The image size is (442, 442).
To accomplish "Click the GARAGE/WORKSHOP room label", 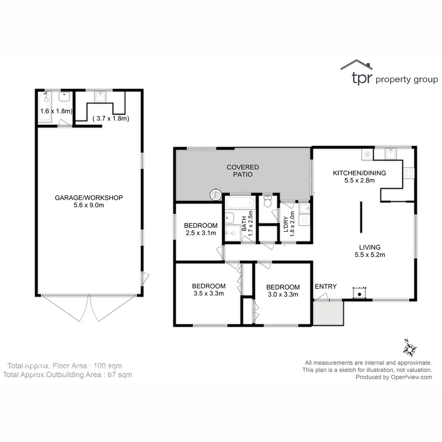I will (x=89, y=197).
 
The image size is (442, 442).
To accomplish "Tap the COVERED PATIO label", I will (x=243, y=171).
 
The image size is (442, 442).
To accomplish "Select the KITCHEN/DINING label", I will (x=359, y=173).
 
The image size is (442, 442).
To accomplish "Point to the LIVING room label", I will (x=370, y=247).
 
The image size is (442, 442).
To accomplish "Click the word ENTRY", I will (x=326, y=286).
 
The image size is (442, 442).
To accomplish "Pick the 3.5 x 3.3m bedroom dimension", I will (x=209, y=293).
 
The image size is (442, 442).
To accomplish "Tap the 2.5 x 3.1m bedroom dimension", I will (x=201, y=232).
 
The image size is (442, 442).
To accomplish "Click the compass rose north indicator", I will (x=409, y=348).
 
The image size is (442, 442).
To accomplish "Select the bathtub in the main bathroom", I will (x=240, y=203).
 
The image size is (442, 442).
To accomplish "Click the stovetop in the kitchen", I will (x=408, y=173).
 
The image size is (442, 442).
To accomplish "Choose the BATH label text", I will (x=245, y=224).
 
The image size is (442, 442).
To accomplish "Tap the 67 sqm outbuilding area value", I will (x=121, y=374).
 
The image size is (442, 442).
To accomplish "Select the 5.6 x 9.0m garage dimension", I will (x=89, y=205).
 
